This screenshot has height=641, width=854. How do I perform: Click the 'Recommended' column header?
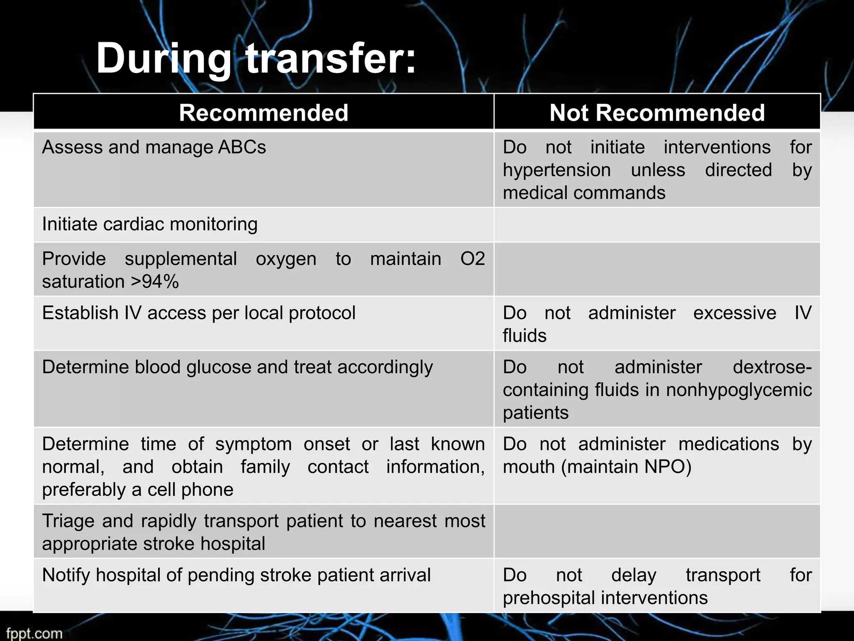click(264, 113)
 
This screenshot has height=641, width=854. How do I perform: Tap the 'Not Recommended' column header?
click(657, 113)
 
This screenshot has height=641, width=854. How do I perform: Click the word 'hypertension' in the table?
click(557, 170)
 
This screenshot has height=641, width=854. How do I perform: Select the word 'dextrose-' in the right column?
click(772, 367)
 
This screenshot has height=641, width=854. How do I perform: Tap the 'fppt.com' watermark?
click(34, 633)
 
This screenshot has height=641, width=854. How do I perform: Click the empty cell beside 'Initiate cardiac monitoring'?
click(657, 225)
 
